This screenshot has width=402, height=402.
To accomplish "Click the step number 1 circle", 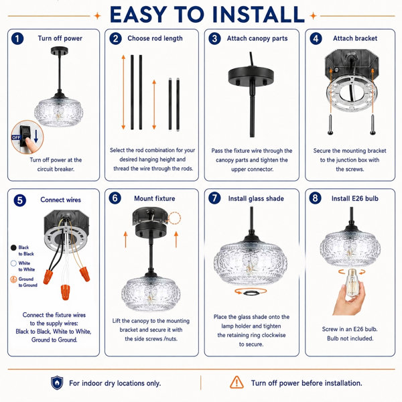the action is point(17,39).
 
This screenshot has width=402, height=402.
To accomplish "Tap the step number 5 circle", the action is point(19,200).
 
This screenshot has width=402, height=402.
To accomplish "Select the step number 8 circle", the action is point(315,198).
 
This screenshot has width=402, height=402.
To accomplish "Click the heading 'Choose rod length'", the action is point(155,38).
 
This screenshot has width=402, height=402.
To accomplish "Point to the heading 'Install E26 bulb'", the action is point(355,198).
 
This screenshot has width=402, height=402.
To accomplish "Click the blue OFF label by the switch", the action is point(16,137).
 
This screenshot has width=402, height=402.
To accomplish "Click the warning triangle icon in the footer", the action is point(237,383).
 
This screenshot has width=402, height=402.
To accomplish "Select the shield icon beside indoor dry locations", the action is point(57,383).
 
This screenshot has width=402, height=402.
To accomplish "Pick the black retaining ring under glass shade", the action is point(251,293).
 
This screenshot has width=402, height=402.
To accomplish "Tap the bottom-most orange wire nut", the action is point(65,292).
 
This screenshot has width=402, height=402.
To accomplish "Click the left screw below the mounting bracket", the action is point(330,125).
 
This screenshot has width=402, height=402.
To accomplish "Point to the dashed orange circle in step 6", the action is point(174,218).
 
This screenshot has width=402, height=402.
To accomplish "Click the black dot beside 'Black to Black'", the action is point(13,248).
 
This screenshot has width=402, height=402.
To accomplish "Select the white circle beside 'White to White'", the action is point(13,263).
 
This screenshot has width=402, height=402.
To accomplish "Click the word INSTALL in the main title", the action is point(259,14).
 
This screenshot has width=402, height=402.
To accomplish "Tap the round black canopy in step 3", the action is point(251,76).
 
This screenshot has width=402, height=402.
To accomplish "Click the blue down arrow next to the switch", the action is point(36,136).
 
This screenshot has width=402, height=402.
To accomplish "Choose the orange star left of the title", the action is point(97,16).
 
